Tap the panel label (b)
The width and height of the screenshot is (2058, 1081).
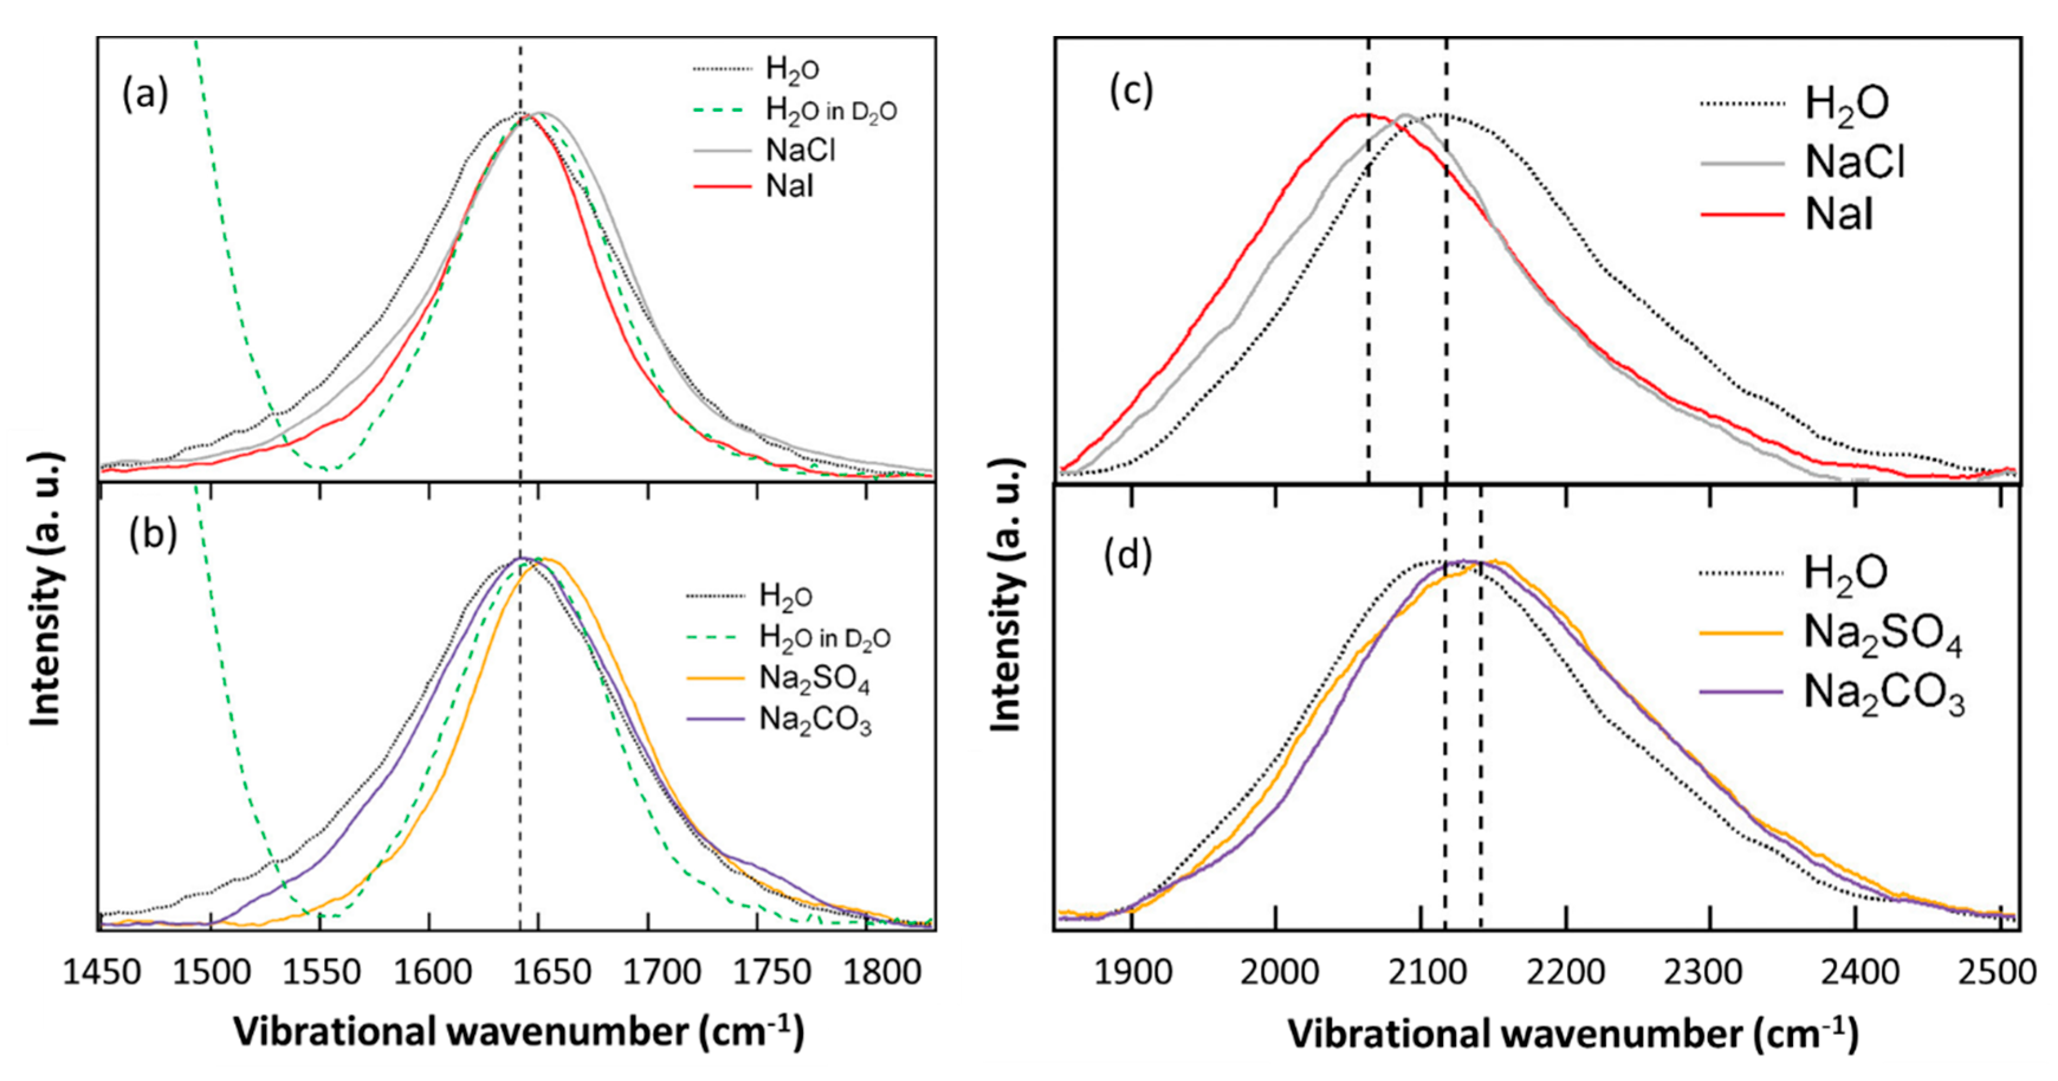(153, 534)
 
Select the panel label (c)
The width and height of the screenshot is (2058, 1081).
(1131, 91)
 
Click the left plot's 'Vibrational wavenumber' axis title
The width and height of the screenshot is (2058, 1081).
(518, 1031)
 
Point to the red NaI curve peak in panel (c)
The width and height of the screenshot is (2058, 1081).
(1358, 115)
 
